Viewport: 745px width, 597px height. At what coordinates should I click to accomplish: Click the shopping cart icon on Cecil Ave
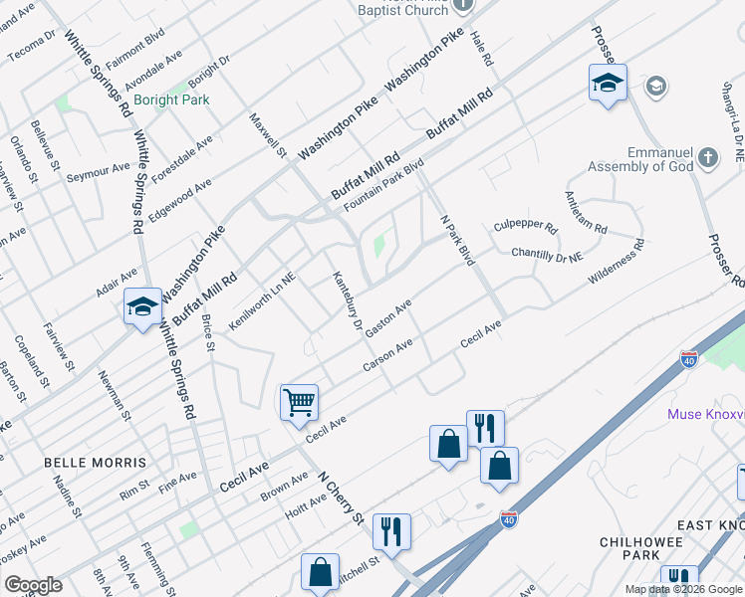pos(299,403)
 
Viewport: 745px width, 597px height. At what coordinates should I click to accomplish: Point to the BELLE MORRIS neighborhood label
pos(95,463)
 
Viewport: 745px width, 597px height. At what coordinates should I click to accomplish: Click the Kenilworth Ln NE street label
pos(262,303)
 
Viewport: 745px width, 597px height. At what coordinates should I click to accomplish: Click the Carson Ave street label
pos(387,355)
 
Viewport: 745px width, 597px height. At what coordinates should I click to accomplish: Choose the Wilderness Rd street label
pos(616,262)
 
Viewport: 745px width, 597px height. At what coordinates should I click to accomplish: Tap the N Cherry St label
pos(340,496)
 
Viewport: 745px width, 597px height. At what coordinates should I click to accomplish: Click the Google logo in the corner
pos(33,585)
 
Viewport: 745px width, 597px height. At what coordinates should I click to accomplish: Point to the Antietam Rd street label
pos(585,212)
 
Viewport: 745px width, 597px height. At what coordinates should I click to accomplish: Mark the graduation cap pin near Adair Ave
pos(142,306)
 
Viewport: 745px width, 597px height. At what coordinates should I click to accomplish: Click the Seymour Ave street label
pos(99,171)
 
